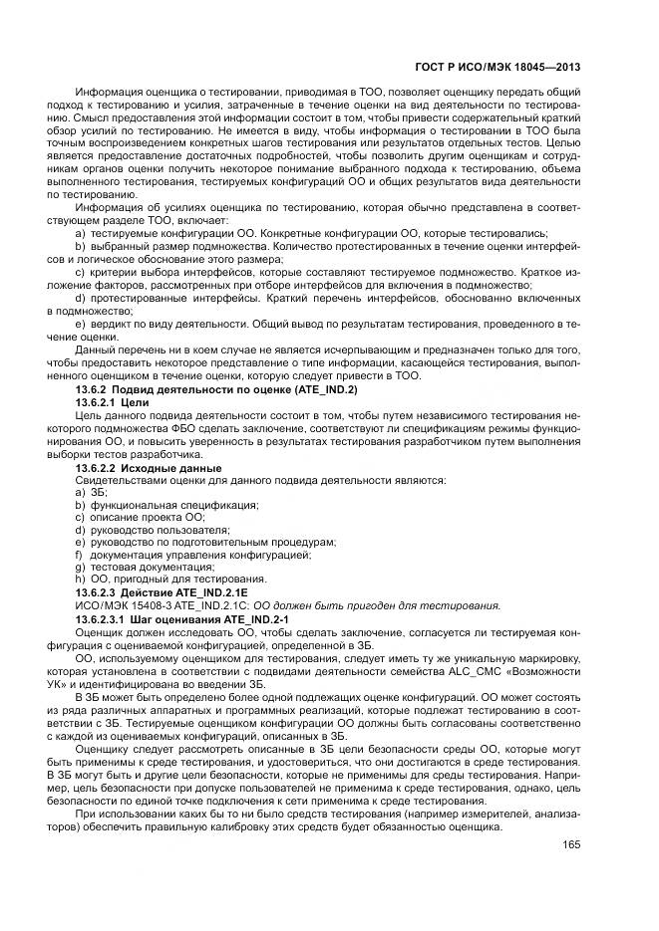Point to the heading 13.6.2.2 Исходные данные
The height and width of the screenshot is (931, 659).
[148, 467]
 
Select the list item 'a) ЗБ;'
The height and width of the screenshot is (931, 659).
[91, 493]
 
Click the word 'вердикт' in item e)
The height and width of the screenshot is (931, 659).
[110, 325]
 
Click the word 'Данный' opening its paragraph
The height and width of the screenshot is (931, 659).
[97, 350]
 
